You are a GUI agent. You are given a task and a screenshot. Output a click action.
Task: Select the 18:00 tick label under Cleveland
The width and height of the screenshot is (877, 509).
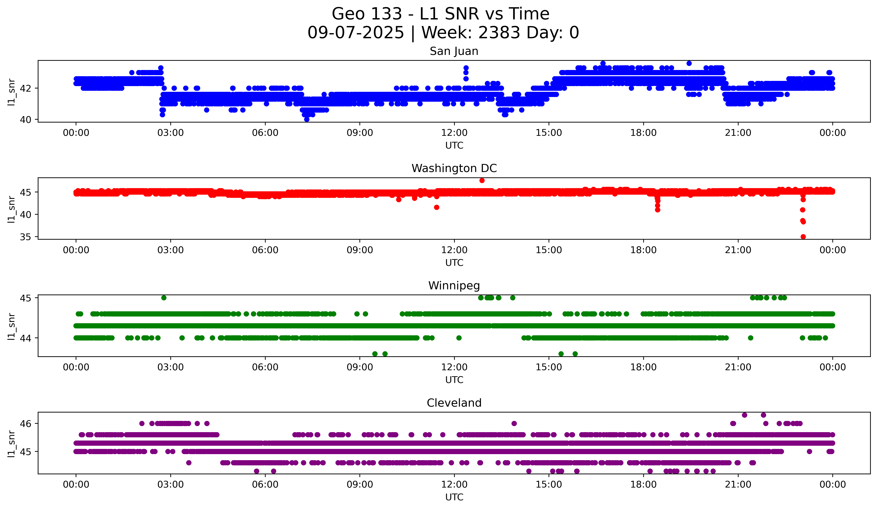643,484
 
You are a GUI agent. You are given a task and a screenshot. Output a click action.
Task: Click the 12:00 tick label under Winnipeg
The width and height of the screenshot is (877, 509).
454,367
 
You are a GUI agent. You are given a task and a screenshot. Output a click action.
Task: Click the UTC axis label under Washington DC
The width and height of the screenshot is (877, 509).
454,263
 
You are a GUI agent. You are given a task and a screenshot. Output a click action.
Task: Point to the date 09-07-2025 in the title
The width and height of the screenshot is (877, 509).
356,33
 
